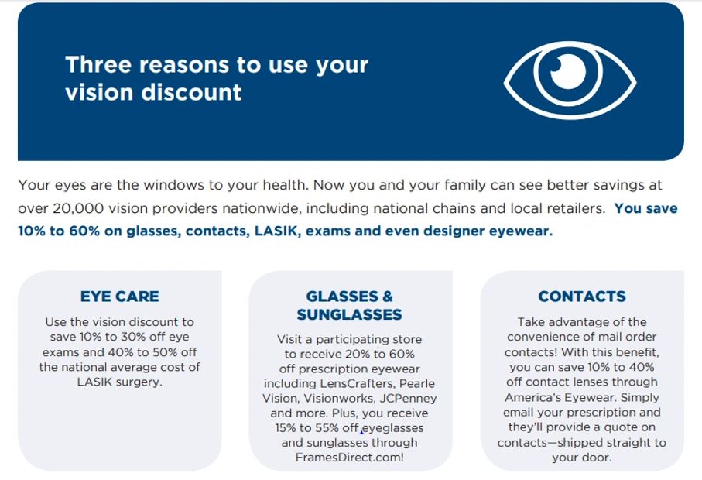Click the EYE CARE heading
(119, 297)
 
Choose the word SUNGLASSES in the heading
(349, 314)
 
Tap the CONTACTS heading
(582, 297)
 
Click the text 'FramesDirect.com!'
(349, 458)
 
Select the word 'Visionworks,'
(342, 399)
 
